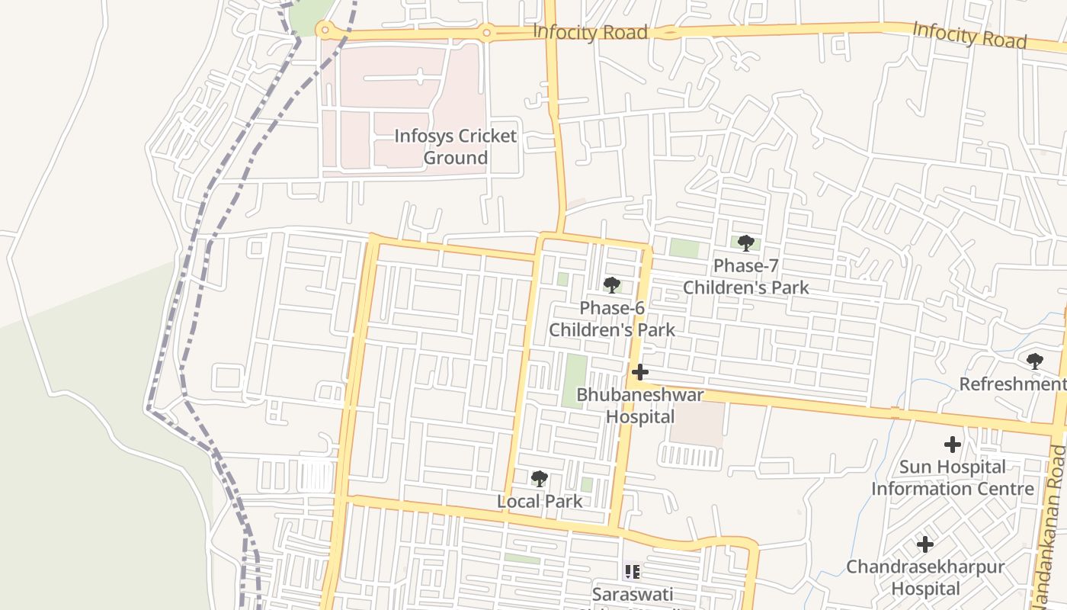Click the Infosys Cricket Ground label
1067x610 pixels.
[455, 147]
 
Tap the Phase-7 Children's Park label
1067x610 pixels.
[745, 277]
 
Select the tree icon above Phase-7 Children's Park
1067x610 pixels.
[745, 243]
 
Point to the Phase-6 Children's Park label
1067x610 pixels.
[612, 319]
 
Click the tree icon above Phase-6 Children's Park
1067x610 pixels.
[611, 285]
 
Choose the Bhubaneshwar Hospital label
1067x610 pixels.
[640, 406]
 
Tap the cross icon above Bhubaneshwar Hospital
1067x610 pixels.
[640, 372]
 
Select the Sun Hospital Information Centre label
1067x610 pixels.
[953, 477]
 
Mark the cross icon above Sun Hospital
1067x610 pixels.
[952, 444]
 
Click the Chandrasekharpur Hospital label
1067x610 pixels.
[925, 578]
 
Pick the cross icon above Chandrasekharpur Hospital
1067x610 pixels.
[925, 544]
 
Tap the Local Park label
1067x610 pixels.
[540, 502]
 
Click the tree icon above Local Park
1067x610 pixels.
[540, 479]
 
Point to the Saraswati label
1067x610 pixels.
[633, 594]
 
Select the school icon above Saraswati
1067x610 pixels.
[632, 570]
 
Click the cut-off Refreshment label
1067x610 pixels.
[1012, 384]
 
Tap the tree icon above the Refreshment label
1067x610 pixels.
[1034, 361]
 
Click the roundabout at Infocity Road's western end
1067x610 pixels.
[326, 30]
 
